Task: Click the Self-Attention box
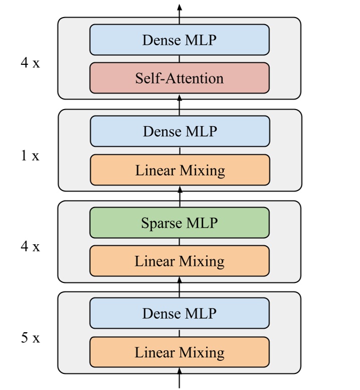coord(179,78)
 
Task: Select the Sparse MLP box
coord(179,223)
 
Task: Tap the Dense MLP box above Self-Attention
coord(179,40)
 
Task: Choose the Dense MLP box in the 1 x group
coord(180,131)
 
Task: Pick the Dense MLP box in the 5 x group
coord(179,313)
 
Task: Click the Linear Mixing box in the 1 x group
coord(180,170)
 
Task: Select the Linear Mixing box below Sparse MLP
coord(179,261)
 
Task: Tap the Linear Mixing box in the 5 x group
coord(179,352)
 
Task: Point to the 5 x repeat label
coord(30,338)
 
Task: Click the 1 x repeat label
coord(30,156)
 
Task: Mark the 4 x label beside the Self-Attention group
coord(30,64)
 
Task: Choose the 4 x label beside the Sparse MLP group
coord(30,247)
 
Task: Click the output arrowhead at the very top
coord(179,7)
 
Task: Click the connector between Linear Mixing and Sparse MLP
coord(179,242)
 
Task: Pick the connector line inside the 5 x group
coord(179,333)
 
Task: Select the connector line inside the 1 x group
coord(180,151)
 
